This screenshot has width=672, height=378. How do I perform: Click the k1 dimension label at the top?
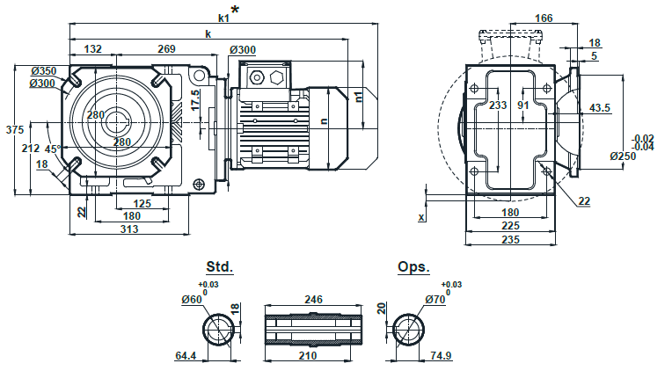point(223,17)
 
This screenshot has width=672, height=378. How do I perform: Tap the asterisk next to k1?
point(235,11)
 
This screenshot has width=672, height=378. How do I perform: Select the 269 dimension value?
point(166,49)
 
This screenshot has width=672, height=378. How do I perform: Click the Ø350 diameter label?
point(42,71)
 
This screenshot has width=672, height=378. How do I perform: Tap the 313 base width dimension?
point(128,229)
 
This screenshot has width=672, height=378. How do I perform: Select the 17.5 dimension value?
point(195,99)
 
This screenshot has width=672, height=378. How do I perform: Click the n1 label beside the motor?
point(358,96)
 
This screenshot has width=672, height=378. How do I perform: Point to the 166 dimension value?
point(544,18)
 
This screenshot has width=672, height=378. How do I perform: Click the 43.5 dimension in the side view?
point(601,107)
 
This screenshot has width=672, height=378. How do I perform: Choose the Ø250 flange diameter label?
point(624,156)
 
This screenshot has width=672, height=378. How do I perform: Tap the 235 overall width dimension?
point(510,238)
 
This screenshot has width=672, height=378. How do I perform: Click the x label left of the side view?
point(421,215)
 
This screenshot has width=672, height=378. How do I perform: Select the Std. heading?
point(219,266)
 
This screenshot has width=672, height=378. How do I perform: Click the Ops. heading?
point(413,266)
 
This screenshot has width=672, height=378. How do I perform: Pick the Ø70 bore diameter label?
point(437,300)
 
